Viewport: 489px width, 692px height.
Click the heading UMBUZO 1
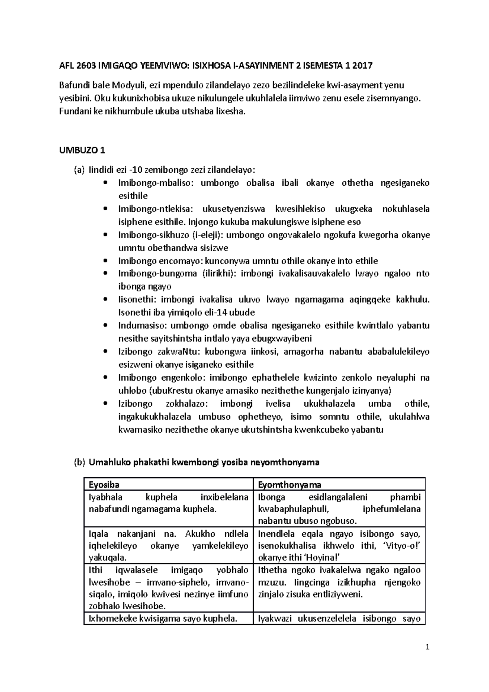pyautogui.click(x=82, y=150)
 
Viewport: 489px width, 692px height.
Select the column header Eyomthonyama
pyautogui.click(x=289, y=484)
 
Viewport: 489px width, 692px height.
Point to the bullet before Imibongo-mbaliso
pyautogui.click(x=106, y=183)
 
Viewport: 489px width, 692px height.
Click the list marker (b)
pyautogui.click(x=79, y=462)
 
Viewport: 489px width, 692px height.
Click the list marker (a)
pyautogui.click(x=79, y=170)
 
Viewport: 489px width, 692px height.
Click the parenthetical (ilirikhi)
pyautogui.click(x=218, y=273)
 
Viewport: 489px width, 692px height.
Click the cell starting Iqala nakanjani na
pyautogui.click(x=168, y=545)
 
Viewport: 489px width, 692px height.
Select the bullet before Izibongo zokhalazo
pyautogui.click(x=106, y=404)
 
